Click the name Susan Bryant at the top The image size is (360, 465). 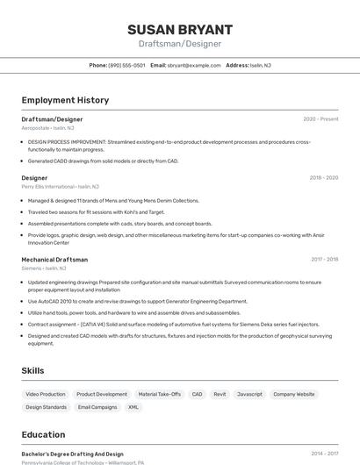[x=179, y=30]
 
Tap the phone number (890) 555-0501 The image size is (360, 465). [x=126, y=65]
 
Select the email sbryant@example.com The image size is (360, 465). [x=194, y=65]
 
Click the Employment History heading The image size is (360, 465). [x=65, y=100]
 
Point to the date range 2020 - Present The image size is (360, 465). [x=320, y=118]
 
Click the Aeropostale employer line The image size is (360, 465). [x=47, y=127]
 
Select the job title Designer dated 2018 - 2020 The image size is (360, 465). [x=34, y=177]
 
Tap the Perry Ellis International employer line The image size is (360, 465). [x=60, y=186]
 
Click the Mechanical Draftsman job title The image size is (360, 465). [x=54, y=259]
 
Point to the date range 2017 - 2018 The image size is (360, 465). [x=324, y=259]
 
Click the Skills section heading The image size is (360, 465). [x=32, y=370]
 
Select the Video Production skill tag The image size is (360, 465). [x=45, y=394]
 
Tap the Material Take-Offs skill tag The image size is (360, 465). [x=160, y=394]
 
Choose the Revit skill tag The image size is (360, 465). [x=220, y=394]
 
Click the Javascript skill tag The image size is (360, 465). [x=250, y=394]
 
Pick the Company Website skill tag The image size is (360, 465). [x=293, y=394]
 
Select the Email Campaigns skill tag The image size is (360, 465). [x=97, y=407]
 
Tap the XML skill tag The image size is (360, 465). [x=133, y=407]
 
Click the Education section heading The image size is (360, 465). [x=43, y=433]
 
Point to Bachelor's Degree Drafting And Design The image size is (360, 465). [x=72, y=454]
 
